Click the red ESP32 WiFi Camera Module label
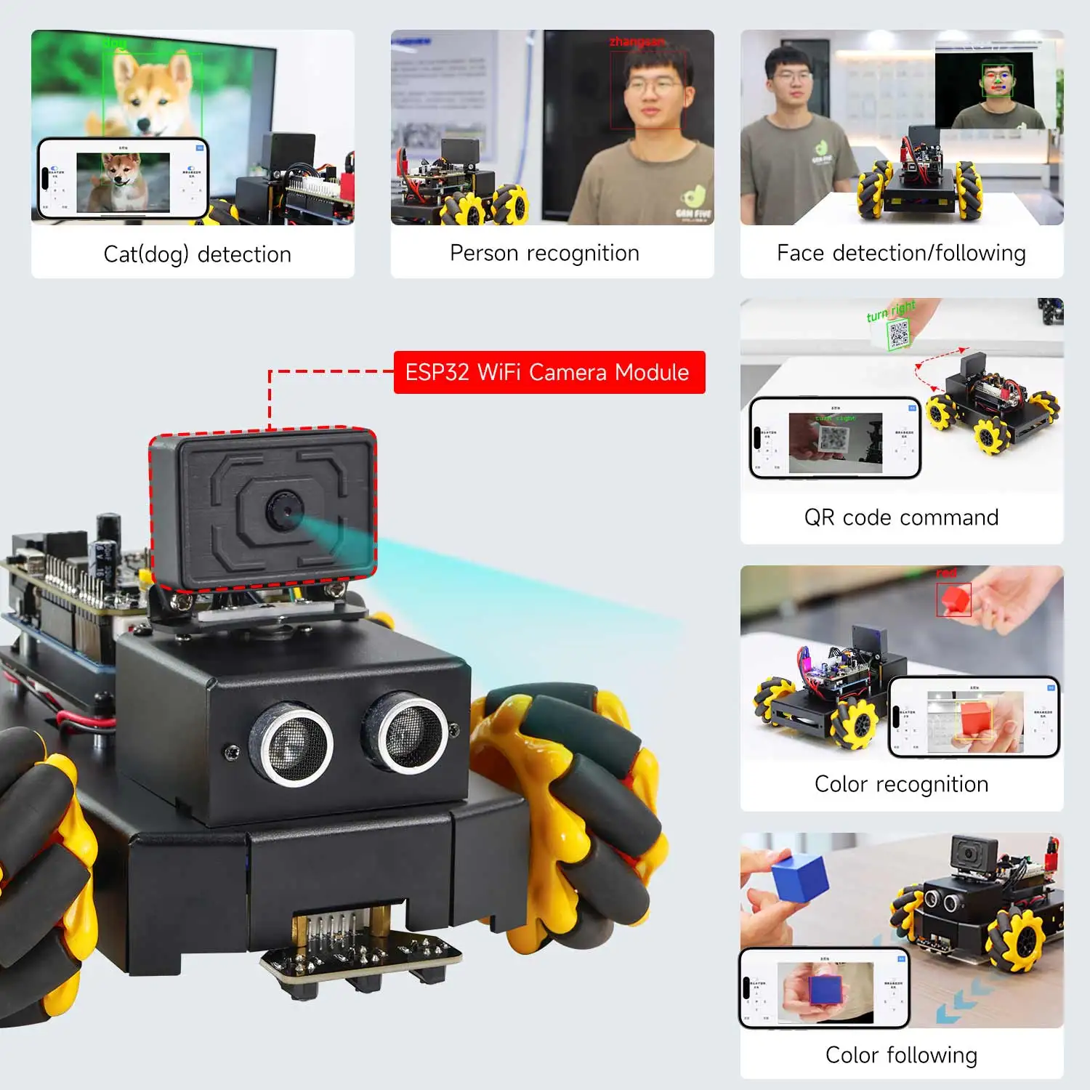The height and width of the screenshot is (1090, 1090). [549, 372]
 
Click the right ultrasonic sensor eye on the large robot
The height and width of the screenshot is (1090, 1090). [406, 731]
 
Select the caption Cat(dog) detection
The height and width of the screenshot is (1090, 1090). [197, 254]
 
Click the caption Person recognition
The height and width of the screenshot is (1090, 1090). [544, 253]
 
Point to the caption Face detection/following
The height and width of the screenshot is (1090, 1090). [901, 253]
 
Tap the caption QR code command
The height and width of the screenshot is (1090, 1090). [901, 517]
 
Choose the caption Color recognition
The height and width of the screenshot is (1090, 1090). [901, 784]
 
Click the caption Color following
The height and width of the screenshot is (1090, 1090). [901, 1054]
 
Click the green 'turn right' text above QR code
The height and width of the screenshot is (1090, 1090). [891, 311]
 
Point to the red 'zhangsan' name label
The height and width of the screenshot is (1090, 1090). [637, 41]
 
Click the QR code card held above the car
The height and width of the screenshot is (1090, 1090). [899, 334]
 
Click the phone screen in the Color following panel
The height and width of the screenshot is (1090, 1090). [825, 988]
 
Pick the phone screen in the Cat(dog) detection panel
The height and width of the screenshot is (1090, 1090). [123, 178]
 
